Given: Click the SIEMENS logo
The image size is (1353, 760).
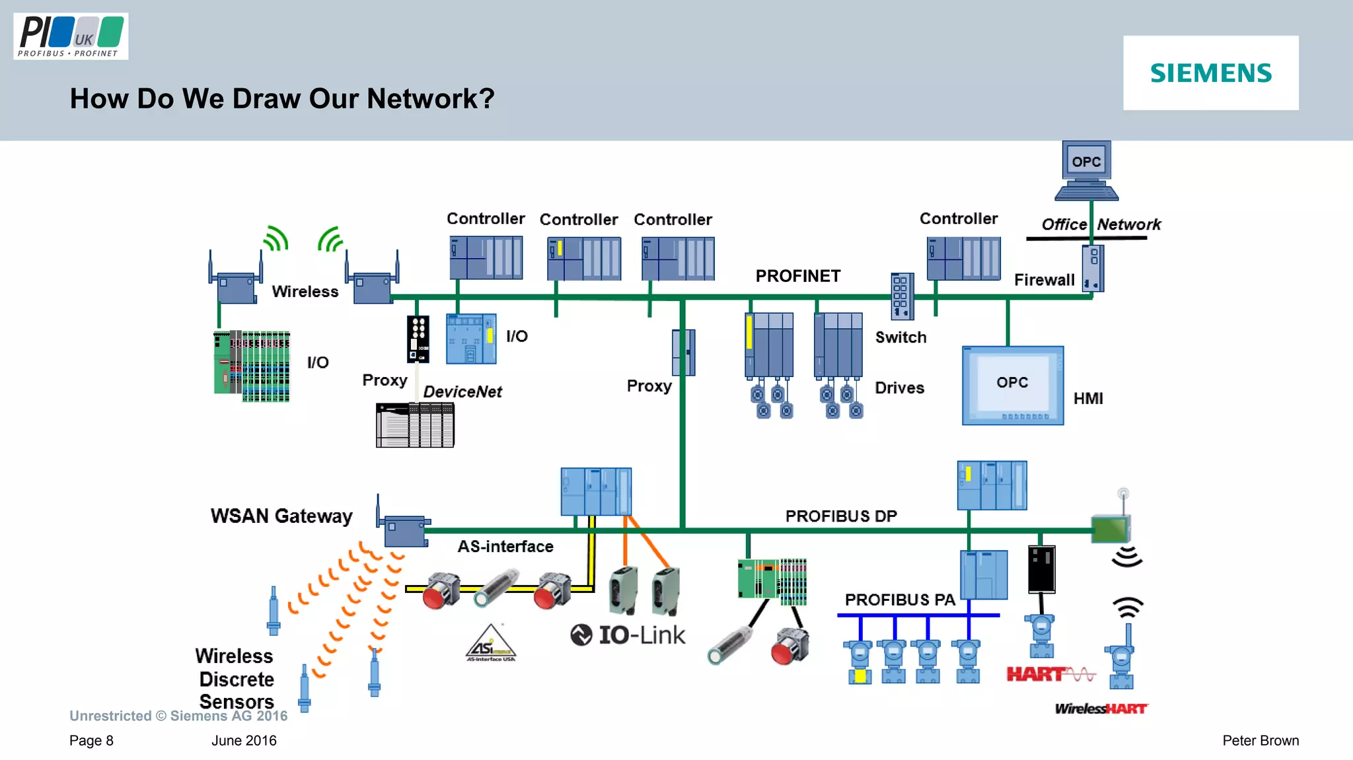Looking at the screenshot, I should coord(1210,73).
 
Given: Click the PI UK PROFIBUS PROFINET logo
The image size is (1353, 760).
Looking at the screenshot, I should coord(71,37).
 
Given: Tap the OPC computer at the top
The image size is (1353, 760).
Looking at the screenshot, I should coord(1086,169).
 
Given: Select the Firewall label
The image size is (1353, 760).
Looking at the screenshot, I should coord(1044,280).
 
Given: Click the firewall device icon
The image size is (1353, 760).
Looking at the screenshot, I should coord(1093,268).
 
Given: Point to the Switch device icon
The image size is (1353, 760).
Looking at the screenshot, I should coord(902,296).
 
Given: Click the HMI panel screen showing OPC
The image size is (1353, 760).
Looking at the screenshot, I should coord(1012,385).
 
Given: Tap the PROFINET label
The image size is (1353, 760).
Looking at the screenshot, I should coord(797,276).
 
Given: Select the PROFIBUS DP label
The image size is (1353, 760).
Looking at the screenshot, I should coord(840,516).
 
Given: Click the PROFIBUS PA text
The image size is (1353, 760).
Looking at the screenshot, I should coord(899,600).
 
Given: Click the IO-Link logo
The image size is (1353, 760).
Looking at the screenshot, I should coord(628,635).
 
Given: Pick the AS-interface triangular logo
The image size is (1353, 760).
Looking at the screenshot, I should coord(490,643).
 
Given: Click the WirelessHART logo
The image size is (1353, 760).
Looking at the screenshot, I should coord(1101,708).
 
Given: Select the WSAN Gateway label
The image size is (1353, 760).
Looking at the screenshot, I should coord(281,516).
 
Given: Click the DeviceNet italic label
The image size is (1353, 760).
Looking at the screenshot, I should coord(462,392).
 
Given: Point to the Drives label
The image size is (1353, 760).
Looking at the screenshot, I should coord(899,388).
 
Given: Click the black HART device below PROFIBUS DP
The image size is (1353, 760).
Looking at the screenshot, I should coord(1041,569).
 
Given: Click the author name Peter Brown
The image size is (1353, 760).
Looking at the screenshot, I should coord(1260,740).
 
